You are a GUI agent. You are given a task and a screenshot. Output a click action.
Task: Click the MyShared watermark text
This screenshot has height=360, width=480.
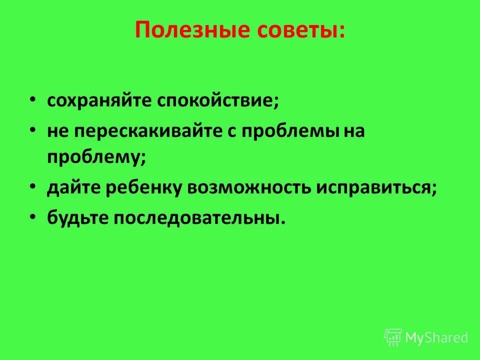click(436, 337)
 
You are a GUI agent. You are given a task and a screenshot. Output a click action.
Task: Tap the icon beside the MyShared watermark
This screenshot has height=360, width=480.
click(393, 337)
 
